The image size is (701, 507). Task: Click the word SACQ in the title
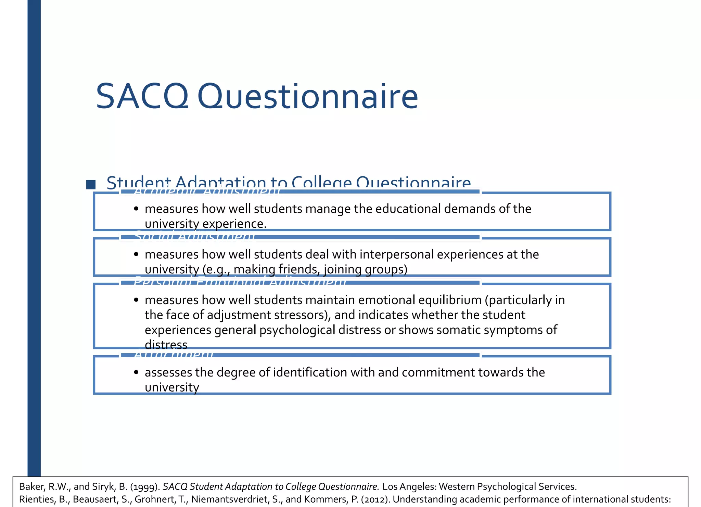coord(142,97)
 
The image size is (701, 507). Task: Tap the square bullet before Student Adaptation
coord(91,184)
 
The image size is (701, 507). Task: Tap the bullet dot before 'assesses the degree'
coord(136,372)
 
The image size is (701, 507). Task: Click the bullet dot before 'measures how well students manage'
coord(136,209)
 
